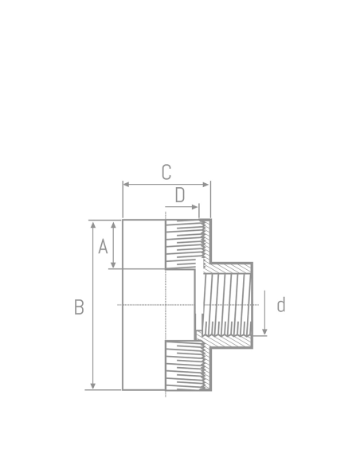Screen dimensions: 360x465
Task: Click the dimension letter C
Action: (x=166, y=172)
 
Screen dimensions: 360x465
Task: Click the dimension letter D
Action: (x=180, y=195)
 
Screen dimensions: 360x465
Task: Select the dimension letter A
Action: (x=103, y=247)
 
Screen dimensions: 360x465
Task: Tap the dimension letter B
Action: (x=79, y=307)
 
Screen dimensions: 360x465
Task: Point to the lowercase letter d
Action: (x=281, y=305)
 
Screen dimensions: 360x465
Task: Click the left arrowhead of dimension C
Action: (x=126, y=185)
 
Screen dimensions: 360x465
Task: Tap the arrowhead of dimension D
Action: (x=195, y=207)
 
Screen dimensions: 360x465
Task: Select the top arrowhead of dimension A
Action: (x=113, y=225)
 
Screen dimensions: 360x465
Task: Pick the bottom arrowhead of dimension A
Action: (x=113, y=264)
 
